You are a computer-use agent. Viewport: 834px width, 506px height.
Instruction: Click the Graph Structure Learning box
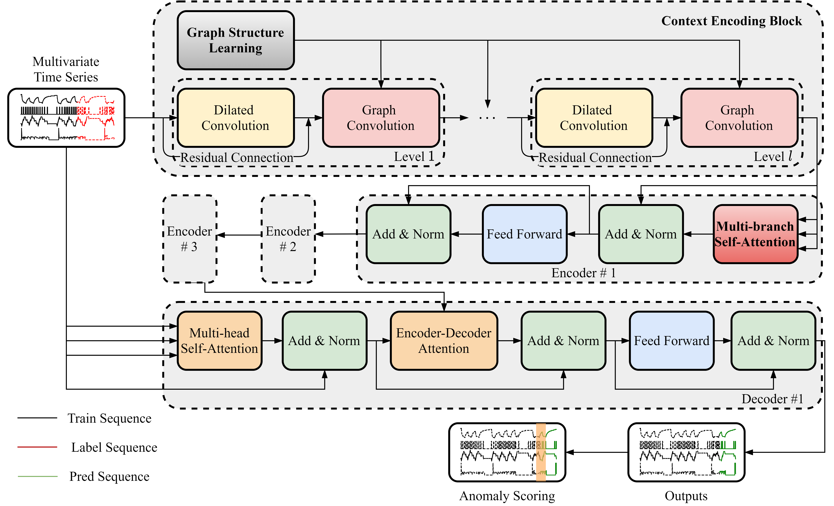coord(236,40)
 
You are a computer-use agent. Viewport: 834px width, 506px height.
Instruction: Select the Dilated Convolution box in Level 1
coord(236,118)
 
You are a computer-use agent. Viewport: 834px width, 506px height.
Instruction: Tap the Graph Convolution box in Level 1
coord(381,118)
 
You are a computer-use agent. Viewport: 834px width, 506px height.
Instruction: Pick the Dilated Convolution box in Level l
coord(594,118)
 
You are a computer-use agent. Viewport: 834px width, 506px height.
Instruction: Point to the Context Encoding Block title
coord(731,21)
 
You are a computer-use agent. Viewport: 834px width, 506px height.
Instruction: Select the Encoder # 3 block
coord(190,239)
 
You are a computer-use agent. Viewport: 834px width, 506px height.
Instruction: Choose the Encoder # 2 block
coord(288,239)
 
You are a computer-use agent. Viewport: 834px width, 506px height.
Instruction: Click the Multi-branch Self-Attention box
coord(755,234)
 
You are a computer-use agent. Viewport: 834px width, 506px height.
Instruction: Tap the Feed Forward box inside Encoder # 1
coord(524,234)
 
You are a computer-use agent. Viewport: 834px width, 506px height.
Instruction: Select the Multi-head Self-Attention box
coord(219,341)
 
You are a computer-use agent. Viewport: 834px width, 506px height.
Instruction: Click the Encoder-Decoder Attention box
coord(444,341)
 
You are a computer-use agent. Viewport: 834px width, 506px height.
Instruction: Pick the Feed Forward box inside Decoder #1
coord(672,341)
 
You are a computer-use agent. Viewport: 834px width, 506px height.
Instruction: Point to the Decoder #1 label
coord(772,399)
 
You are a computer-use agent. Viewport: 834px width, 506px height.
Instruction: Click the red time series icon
coord(96,118)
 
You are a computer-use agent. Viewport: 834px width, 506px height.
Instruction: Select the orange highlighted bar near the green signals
coord(541,452)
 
